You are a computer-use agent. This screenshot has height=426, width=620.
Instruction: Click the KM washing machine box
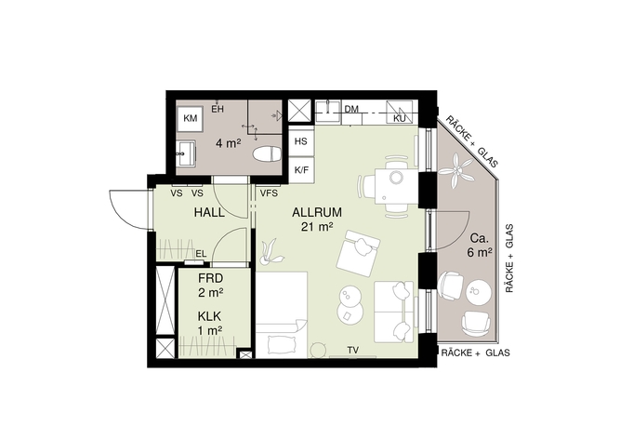click(191, 118)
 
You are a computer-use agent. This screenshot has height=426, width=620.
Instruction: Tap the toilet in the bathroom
click(267, 153)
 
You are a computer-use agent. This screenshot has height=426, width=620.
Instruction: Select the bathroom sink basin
click(186, 153)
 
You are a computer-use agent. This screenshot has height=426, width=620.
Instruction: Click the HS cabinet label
click(301, 141)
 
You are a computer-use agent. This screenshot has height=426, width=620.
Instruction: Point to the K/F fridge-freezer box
click(301, 170)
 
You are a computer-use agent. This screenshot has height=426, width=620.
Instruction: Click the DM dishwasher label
click(351, 109)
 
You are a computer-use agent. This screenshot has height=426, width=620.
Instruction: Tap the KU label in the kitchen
click(400, 119)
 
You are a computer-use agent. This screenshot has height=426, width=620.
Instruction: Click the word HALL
click(209, 212)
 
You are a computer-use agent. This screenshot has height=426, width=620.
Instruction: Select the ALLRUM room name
click(317, 212)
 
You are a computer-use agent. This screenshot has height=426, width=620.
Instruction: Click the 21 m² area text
click(317, 227)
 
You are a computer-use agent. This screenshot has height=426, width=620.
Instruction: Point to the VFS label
click(269, 193)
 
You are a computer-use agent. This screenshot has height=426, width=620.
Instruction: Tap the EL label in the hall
click(201, 254)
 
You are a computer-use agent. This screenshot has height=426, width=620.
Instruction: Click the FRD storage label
click(210, 278)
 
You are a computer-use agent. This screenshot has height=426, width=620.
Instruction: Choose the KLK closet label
click(209, 316)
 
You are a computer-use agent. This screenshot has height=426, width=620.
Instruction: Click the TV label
click(353, 350)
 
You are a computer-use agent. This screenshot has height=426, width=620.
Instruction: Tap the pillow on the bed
click(283, 344)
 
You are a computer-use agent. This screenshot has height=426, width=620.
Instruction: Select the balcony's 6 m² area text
click(480, 252)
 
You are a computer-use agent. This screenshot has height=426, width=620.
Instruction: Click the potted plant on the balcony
click(456, 171)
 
